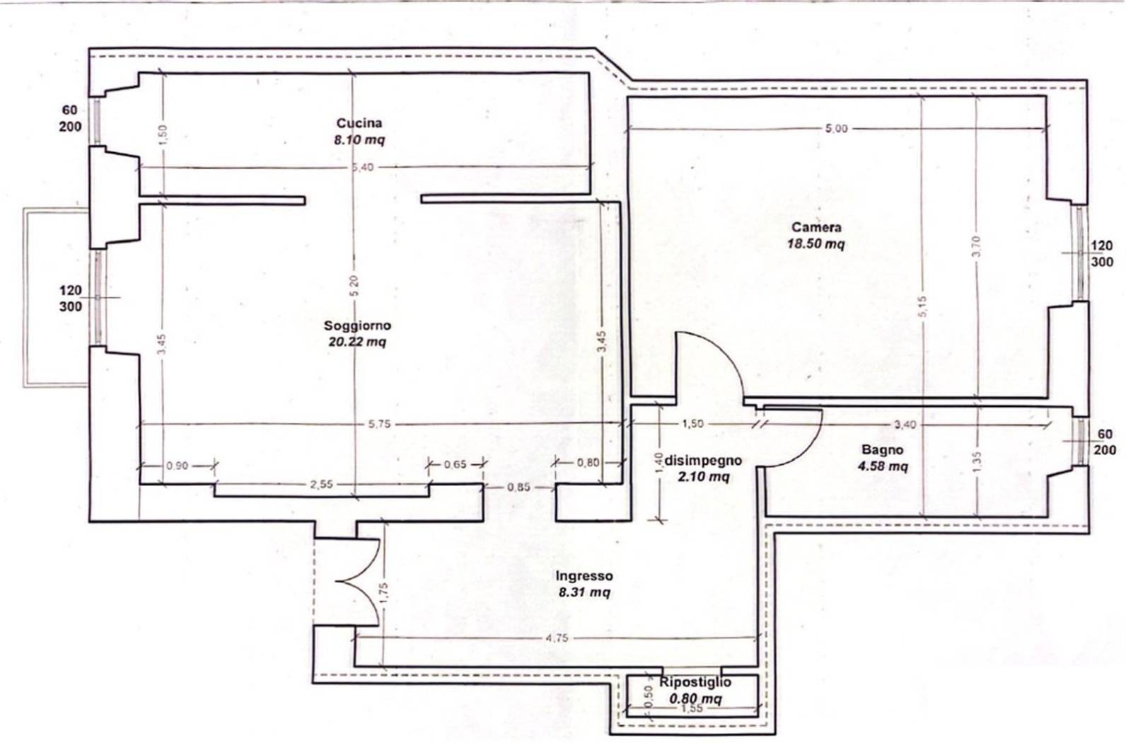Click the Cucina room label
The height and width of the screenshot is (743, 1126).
coord(359,122)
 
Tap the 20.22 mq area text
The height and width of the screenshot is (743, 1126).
coord(357,342)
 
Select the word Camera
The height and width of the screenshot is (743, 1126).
coord(816,227)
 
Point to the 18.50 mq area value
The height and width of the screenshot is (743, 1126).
coord(816,244)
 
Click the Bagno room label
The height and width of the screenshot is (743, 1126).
coord(883,450)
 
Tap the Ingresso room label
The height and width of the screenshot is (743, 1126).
coord(584,576)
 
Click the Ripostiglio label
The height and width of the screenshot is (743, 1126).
coord(695,682)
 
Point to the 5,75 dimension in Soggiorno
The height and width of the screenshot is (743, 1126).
coord(379,424)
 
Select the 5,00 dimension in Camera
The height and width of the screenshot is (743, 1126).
coord(836,129)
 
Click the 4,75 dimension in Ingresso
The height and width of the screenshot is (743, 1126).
coord(557,638)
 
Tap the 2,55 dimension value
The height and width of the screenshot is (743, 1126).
coord(321,485)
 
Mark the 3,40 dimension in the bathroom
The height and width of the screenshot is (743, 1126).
coord(905,425)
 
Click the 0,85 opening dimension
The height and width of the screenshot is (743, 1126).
coord(518,487)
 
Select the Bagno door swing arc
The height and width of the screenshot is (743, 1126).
coord(806,451)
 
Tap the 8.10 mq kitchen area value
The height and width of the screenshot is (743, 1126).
coord(359,139)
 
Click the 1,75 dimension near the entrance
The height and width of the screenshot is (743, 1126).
coord(384,593)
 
